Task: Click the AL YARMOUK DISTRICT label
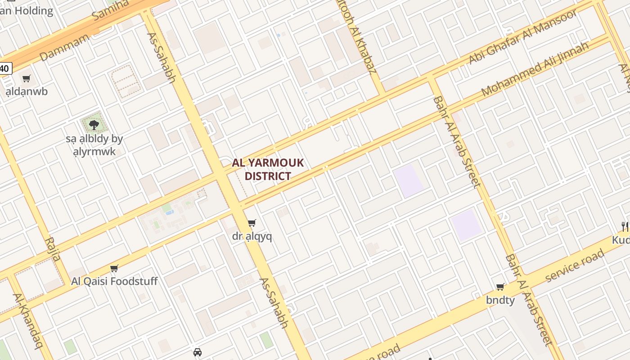click(x=268, y=169)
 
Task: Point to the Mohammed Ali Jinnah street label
click(x=535, y=69)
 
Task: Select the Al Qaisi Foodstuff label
click(x=114, y=281)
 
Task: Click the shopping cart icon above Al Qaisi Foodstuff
click(x=114, y=268)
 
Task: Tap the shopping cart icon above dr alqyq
click(x=252, y=223)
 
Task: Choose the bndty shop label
click(x=500, y=300)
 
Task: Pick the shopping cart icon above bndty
click(x=500, y=287)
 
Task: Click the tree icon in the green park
click(x=94, y=125)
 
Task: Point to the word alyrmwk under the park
click(x=94, y=151)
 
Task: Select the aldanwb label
click(x=27, y=91)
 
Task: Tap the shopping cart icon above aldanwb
click(x=27, y=79)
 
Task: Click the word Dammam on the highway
click(x=64, y=47)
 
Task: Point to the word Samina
click(x=110, y=10)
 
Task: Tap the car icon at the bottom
click(x=197, y=352)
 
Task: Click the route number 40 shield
click(x=4, y=68)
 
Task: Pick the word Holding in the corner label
click(x=33, y=11)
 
